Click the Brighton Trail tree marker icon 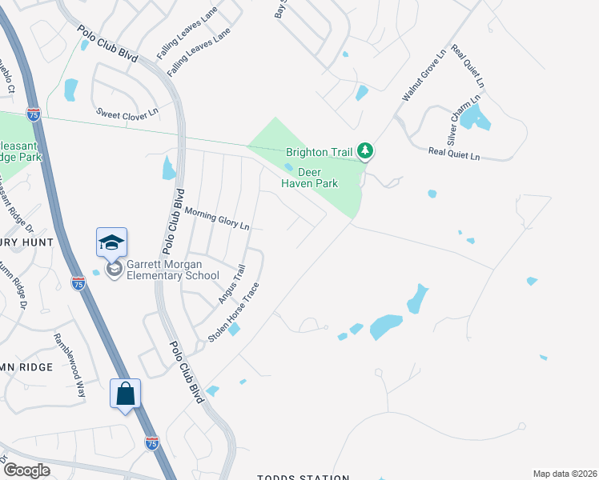(365, 150)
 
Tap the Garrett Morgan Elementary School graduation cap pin (112, 242)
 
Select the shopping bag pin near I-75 (125, 394)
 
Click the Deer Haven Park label (309, 178)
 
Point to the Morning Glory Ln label (217, 219)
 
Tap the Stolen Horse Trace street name (234, 313)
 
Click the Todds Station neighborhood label (303, 477)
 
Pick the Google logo (26, 470)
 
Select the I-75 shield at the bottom (152, 442)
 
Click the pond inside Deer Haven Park (288, 167)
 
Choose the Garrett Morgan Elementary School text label (170, 270)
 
